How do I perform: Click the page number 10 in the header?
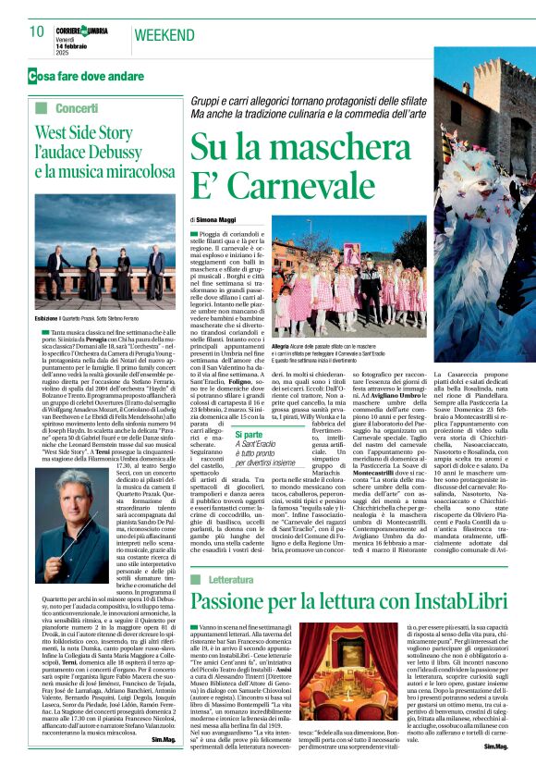[37, 32]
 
